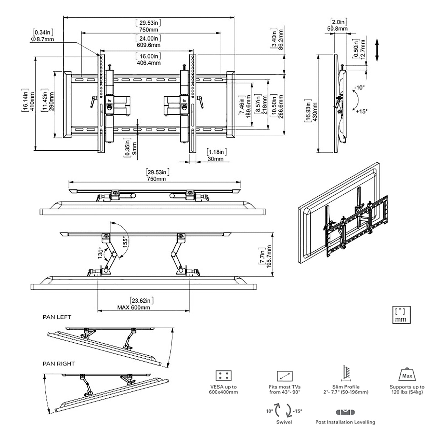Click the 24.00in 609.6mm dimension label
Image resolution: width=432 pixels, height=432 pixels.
[148, 41]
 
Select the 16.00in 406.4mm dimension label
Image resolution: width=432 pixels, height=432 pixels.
[148, 59]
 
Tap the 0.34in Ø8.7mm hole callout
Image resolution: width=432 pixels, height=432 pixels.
[43, 36]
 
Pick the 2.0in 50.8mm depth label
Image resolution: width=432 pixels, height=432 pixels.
[337, 25]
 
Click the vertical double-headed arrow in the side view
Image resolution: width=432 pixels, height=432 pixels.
[377, 50]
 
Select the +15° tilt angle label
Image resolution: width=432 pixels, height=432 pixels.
[361, 111]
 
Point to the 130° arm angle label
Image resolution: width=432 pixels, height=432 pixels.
[100, 253]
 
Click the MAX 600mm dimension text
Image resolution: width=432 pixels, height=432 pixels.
[134, 307]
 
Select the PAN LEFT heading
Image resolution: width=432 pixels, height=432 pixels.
[57, 317]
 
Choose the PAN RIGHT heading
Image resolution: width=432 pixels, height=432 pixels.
[59, 364]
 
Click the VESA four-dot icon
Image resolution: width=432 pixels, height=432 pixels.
[223, 376]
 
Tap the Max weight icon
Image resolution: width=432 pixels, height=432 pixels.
[407, 375]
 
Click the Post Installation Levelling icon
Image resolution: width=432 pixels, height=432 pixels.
[345, 412]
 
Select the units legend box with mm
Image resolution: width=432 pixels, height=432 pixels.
[401, 315]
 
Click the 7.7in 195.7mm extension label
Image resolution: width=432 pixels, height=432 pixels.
[265, 257]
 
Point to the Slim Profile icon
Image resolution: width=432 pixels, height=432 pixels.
[345, 374]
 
